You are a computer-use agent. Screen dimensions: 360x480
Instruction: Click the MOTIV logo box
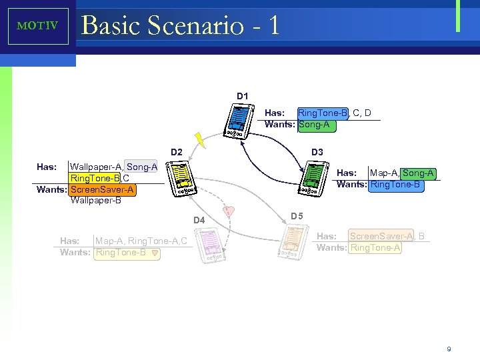pyautogui.click(x=37, y=26)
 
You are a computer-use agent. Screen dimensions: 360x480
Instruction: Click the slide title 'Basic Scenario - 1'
pyautogui.click(x=179, y=25)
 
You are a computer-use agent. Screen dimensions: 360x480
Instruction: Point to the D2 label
pyautogui.click(x=177, y=152)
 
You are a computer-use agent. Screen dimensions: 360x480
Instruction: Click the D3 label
pyautogui.click(x=317, y=152)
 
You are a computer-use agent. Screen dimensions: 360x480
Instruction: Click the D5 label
pyautogui.click(x=297, y=216)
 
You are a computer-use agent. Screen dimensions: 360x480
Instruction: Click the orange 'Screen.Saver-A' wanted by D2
pyautogui.click(x=102, y=189)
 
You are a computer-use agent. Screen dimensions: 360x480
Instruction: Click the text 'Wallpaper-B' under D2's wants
pyautogui.click(x=95, y=200)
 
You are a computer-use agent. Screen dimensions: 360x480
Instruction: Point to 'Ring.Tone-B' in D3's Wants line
pyautogui.click(x=395, y=185)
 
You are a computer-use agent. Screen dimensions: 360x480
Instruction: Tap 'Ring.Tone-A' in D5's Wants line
pyautogui.click(x=375, y=247)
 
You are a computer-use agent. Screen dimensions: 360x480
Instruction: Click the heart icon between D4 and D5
pyautogui.click(x=229, y=211)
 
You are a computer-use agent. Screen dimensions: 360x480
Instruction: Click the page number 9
pyautogui.click(x=449, y=349)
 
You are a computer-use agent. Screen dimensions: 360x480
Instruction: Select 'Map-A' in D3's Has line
pyautogui.click(x=383, y=173)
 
